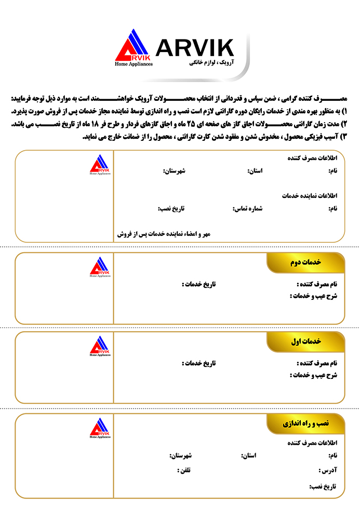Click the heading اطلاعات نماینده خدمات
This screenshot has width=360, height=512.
tap(310, 196)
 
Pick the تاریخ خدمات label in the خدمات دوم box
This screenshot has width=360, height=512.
tap(198, 284)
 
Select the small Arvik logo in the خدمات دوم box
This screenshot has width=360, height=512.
tap(100, 267)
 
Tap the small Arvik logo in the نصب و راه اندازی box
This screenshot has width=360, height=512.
tap(100, 428)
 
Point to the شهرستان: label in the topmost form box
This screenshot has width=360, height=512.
tap(175, 170)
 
